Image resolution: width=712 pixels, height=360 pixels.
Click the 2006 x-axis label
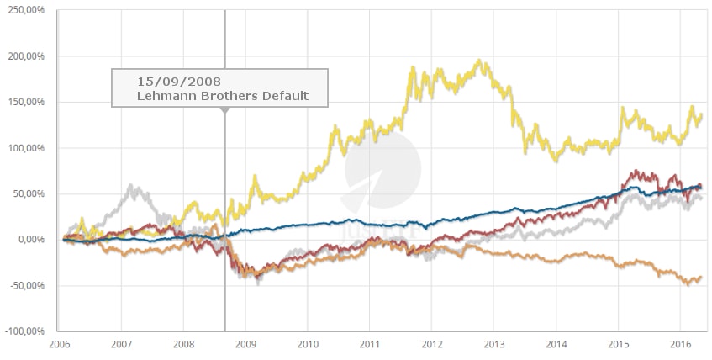60,344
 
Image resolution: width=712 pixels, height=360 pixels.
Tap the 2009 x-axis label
245,344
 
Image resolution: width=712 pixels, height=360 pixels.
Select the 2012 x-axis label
431,344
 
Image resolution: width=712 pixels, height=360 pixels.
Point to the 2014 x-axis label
556,344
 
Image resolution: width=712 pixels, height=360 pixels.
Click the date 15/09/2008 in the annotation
178,82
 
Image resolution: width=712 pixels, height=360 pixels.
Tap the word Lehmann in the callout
166,96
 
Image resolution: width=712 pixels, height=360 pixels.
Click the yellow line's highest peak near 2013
478,61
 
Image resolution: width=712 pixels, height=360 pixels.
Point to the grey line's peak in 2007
131,186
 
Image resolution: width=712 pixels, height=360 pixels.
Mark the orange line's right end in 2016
700,278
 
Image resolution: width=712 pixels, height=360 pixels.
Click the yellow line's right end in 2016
701,115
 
